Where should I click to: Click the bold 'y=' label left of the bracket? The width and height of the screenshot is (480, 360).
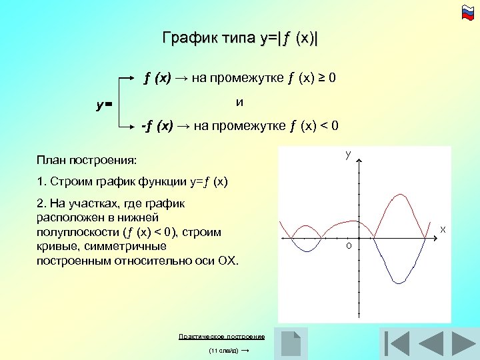click(x=104, y=105)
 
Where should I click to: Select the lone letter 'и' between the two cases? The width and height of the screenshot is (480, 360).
click(x=239, y=103)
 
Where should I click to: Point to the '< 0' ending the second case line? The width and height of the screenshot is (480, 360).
click(x=331, y=125)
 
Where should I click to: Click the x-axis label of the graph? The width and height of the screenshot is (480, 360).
click(x=442, y=230)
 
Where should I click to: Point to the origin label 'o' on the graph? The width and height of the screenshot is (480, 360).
click(x=348, y=247)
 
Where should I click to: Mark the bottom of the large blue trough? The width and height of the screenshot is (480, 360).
click(x=399, y=283)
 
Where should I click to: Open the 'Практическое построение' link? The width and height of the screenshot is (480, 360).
click(x=221, y=337)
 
